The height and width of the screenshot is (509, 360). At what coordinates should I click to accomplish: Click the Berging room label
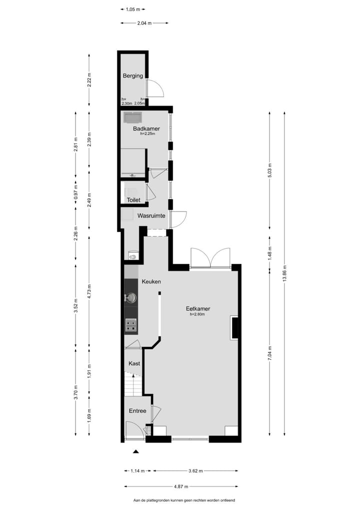coord(133,76)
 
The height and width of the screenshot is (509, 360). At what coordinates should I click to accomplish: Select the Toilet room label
coord(133,200)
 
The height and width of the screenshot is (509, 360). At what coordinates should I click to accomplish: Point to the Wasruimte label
coord(151,216)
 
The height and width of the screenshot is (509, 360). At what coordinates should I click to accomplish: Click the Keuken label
coord(151,282)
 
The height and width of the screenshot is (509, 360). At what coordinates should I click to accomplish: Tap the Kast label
coord(134,363)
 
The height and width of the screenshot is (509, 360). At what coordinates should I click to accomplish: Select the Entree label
coord(137,411)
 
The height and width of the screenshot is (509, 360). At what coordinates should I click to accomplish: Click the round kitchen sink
coord(131,298)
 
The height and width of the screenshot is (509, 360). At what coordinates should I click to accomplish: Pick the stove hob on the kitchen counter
coord(131,325)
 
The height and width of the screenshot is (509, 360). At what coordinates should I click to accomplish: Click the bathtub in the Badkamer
coord(132,118)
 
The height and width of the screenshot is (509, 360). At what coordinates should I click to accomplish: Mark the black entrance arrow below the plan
coord(135,452)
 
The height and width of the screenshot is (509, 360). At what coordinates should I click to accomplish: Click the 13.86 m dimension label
coord(284,273)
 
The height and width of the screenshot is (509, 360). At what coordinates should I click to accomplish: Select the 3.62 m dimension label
coord(196,470)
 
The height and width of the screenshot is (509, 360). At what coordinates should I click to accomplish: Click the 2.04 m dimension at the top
coord(144,22)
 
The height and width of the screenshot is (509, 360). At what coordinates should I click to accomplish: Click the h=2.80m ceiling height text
coord(197,315)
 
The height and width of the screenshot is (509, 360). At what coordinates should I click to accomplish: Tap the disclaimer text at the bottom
coord(184,500)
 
